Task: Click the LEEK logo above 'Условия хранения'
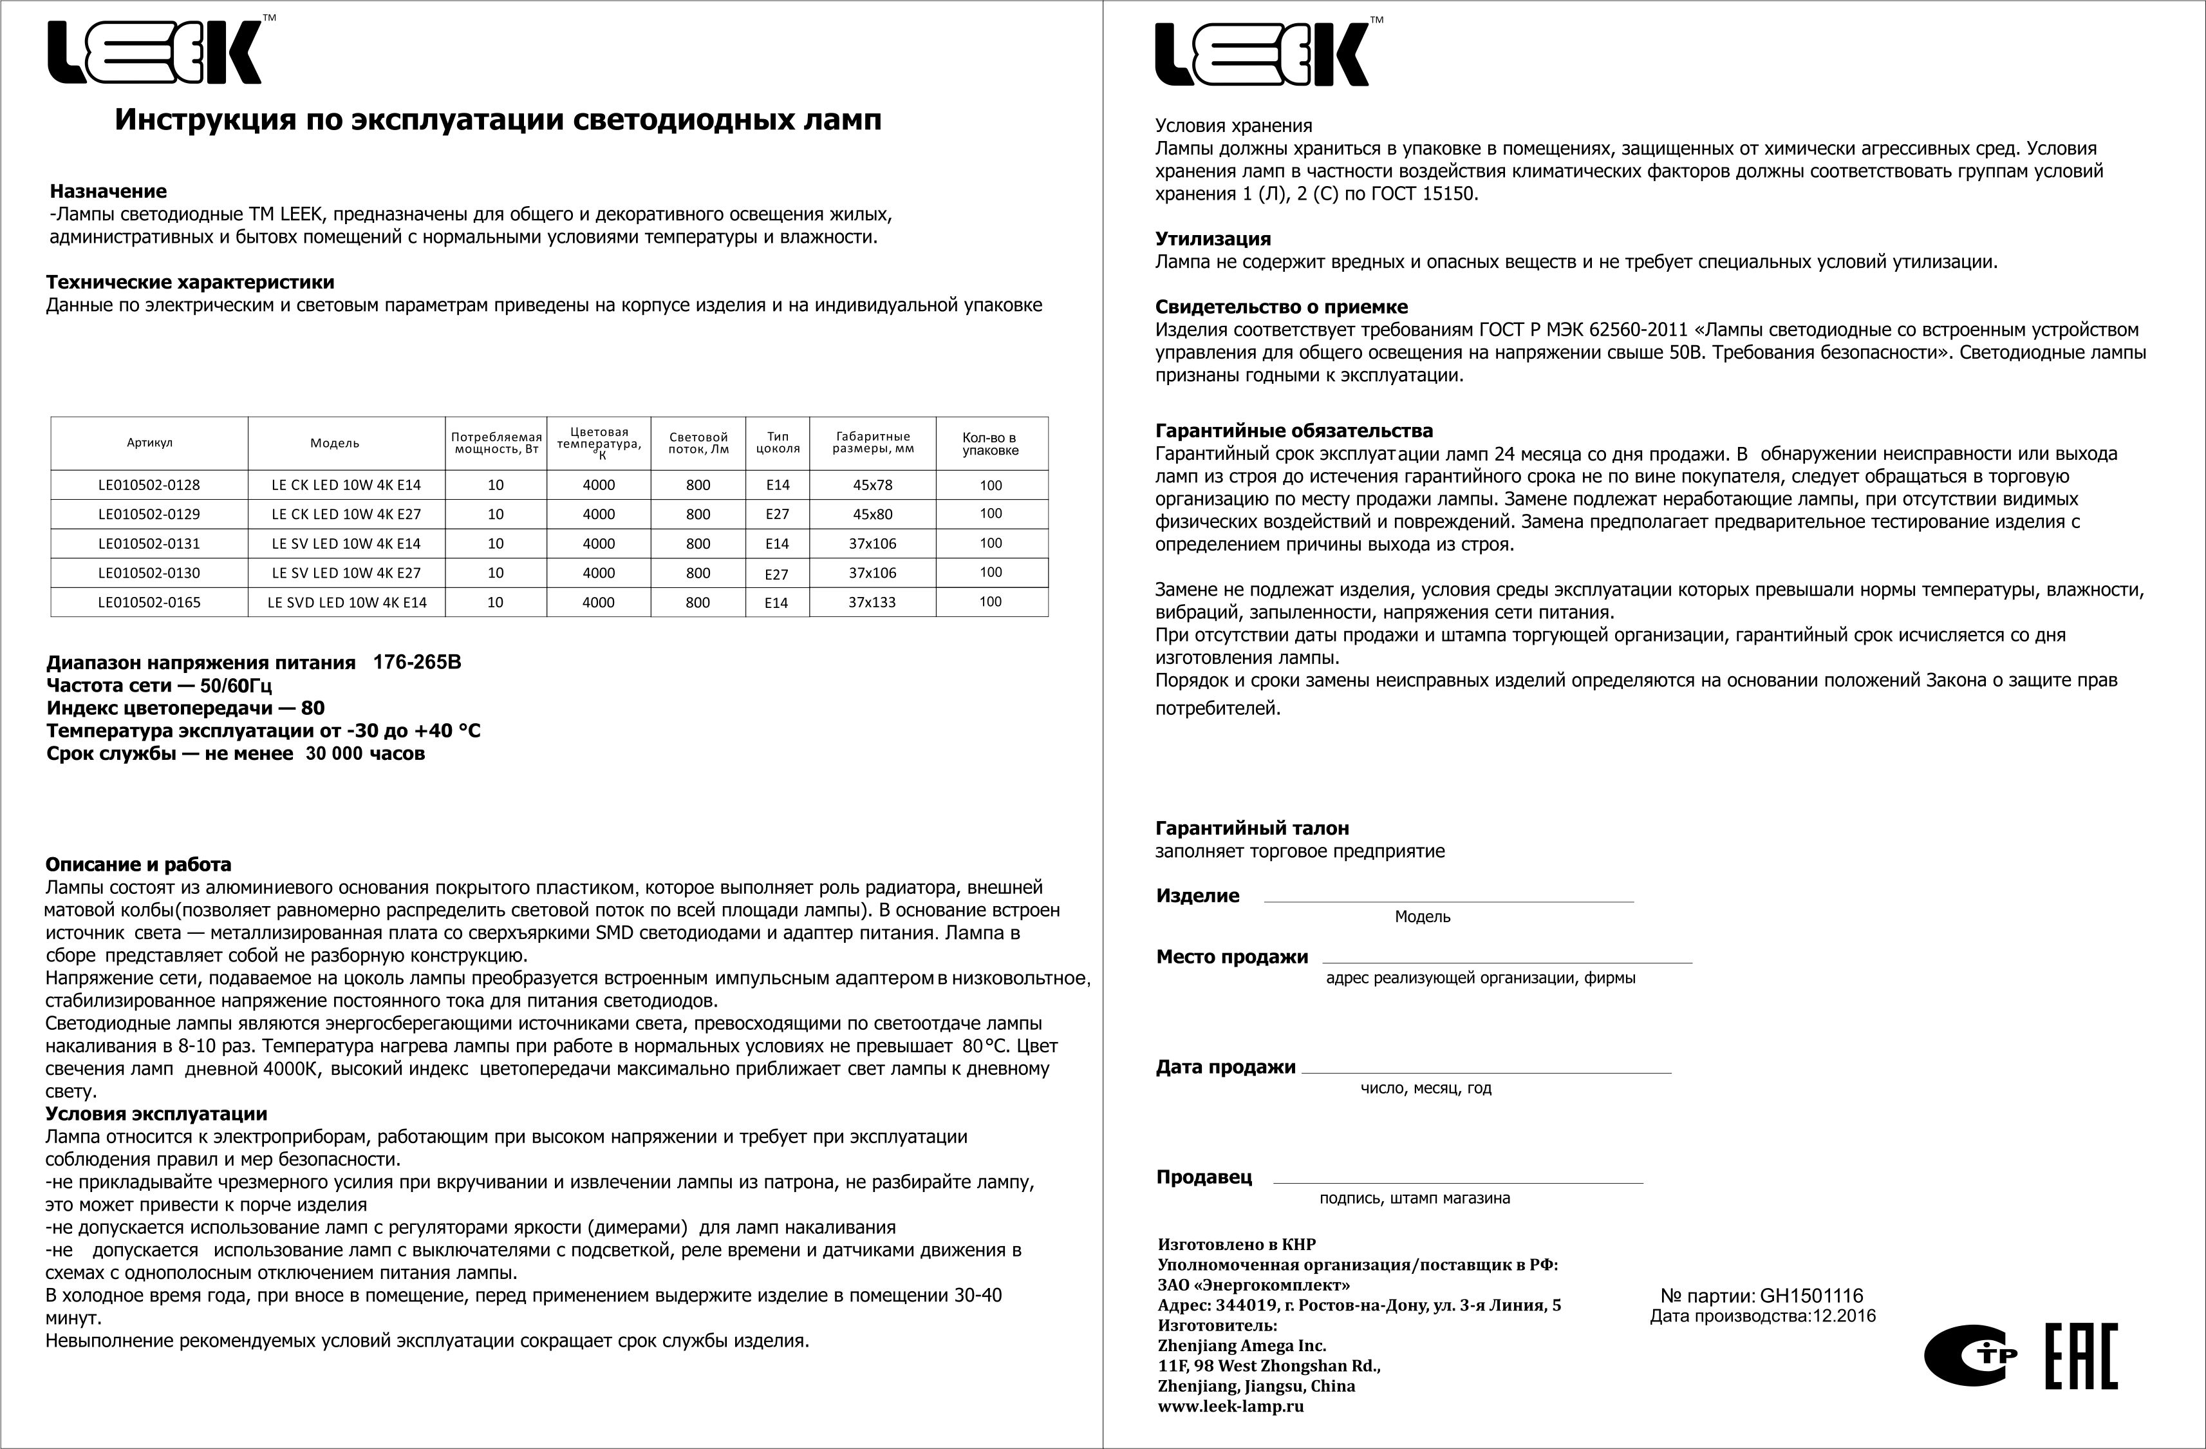(1262, 55)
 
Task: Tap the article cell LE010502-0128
(149, 485)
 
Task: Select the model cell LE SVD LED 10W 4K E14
(347, 603)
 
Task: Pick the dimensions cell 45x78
(872, 485)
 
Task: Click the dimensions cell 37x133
(872, 603)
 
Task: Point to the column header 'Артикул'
(149, 443)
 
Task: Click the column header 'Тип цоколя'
(778, 443)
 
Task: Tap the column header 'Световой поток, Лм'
(698, 443)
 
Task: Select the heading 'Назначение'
(108, 192)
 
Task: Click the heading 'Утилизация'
(1212, 239)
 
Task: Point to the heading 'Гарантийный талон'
(1251, 829)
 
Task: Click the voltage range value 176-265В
(416, 663)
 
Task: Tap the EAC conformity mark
(2081, 1356)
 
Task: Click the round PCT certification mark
(1970, 1357)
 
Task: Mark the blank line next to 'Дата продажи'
(1486, 1071)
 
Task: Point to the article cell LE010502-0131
(149, 544)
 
